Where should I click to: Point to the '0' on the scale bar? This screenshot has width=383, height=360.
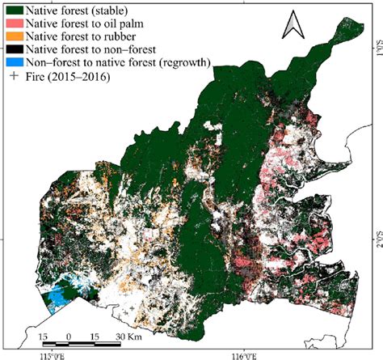(x=69, y=336)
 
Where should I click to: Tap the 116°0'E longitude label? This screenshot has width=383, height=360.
(x=243, y=354)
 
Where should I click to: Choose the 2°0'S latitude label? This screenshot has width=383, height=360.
(x=374, y=241)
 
